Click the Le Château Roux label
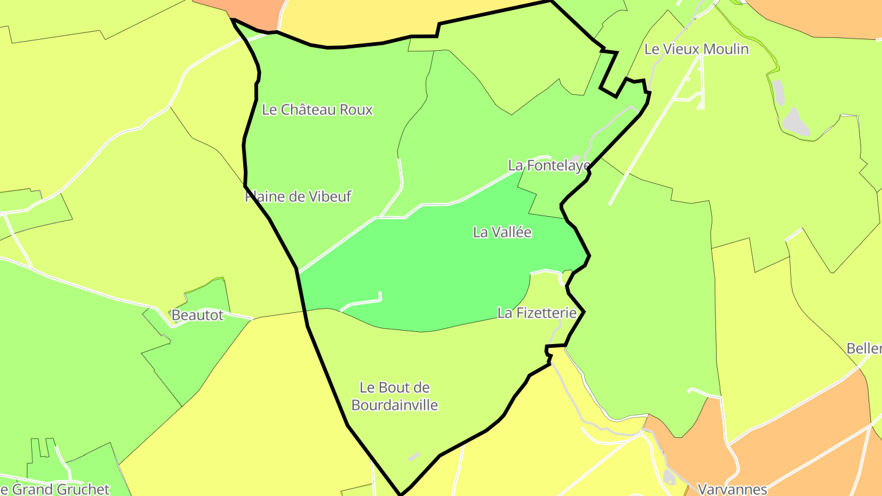317,110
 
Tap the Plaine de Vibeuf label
298,197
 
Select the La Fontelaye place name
549,165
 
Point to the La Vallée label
502,232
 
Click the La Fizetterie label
537,313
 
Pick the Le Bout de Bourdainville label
395,396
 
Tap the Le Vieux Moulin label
696,49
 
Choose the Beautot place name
197,315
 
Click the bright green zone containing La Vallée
429,269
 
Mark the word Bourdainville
395,405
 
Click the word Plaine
265,197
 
